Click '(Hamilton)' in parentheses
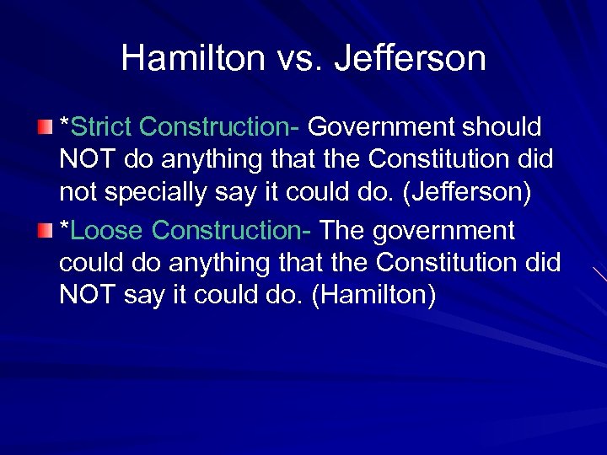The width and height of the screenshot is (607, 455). point(373,296)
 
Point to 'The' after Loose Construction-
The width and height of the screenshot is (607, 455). point(342,230)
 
